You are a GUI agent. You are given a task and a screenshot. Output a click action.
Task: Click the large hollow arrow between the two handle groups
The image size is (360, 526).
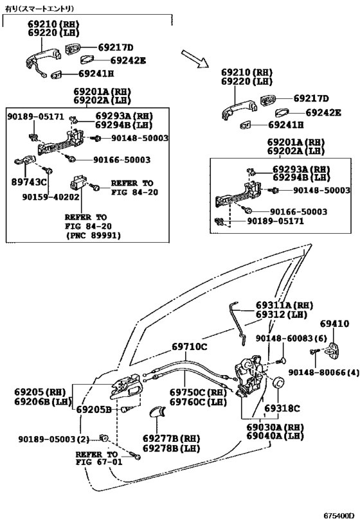point(195,58)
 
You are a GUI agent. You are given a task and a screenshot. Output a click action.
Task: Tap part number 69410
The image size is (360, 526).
point(334,324)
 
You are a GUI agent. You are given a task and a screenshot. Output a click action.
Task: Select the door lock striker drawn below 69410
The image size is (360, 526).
point(334,351)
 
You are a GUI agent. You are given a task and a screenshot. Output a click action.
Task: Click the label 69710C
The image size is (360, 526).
point(190,347)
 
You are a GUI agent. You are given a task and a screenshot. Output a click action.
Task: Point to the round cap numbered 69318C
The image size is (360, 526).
point(278,382)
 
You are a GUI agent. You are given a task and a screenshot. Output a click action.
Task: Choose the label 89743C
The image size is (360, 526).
point(29,182)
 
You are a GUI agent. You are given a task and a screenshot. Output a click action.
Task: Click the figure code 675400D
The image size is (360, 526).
point(339,515)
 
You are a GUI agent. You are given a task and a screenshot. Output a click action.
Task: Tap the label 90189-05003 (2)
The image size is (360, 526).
point(54,439)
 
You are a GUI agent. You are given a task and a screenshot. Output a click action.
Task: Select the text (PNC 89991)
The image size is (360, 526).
point(93,235)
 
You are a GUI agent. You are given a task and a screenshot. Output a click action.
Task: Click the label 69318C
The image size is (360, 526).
point(282,408)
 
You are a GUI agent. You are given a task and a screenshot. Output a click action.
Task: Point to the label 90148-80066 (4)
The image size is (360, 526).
point(324,373)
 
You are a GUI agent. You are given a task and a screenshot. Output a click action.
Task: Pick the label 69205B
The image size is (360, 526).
point(94,410)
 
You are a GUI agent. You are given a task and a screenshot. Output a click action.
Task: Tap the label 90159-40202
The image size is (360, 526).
point(51,197)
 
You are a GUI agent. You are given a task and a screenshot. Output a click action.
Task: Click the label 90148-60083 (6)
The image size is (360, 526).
point(291,338)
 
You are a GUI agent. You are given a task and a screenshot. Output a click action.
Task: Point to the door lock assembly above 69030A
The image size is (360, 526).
point(250,375)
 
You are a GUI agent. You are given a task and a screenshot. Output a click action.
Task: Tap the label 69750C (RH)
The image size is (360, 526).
point(198,392)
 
